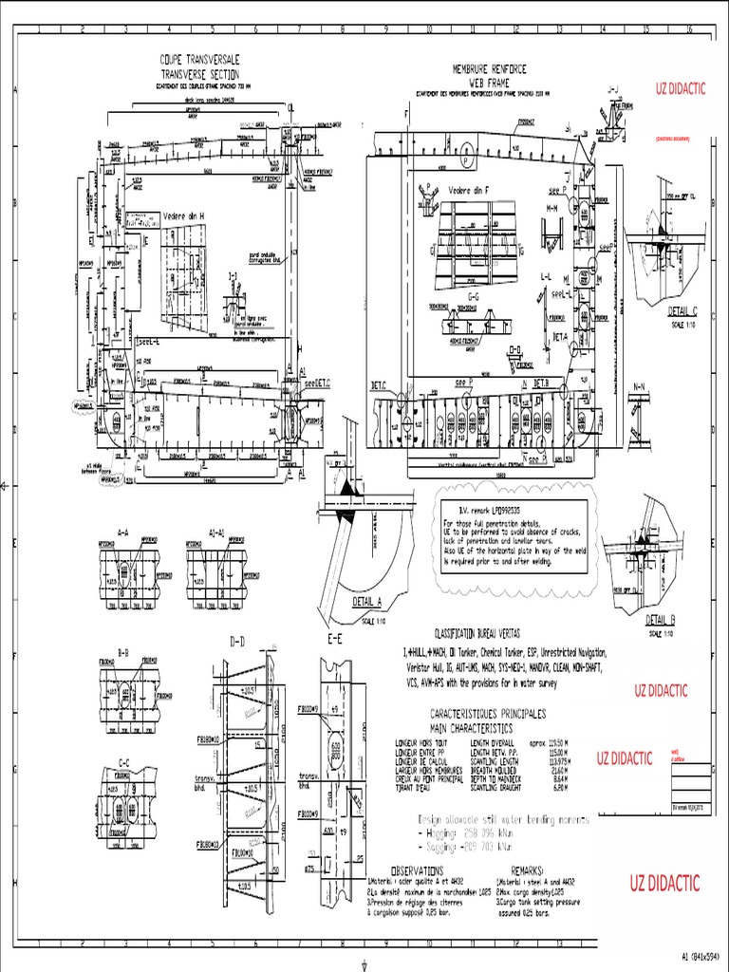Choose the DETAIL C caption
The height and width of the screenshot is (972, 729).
[682, 310]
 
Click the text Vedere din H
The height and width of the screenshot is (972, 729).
[186, 215]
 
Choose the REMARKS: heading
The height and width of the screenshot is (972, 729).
[528, 869]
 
